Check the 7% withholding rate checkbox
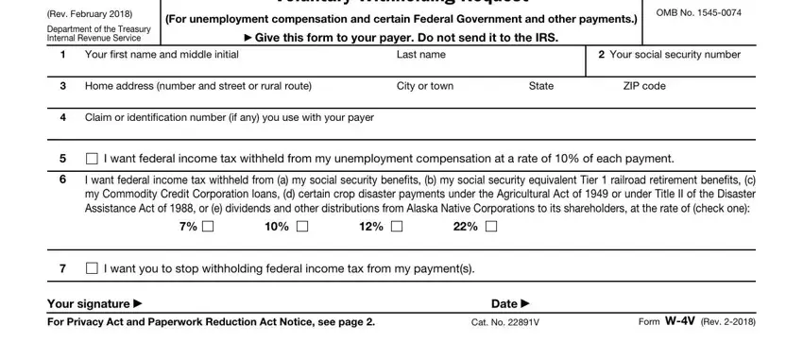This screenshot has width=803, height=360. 207,226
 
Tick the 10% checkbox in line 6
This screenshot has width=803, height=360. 301,226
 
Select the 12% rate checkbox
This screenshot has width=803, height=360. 396,226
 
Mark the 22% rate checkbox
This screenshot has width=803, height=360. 491,226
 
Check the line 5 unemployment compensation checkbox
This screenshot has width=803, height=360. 92,158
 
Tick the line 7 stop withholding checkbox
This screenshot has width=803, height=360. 92,269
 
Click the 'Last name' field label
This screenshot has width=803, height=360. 421,55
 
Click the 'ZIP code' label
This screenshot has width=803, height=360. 644,86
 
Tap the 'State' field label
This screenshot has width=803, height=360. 541,86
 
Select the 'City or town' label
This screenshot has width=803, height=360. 425,86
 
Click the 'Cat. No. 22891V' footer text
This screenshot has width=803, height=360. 504,322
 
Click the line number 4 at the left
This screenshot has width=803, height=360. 61,117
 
